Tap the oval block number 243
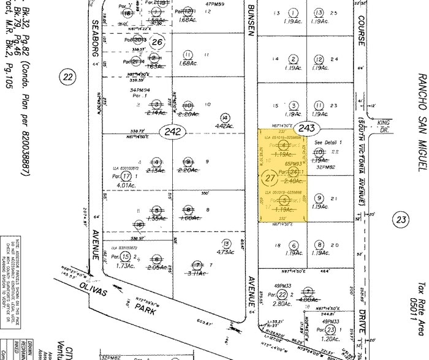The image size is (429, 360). [x=304, y=127]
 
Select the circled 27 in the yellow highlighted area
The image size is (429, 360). [x=268, y=178]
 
